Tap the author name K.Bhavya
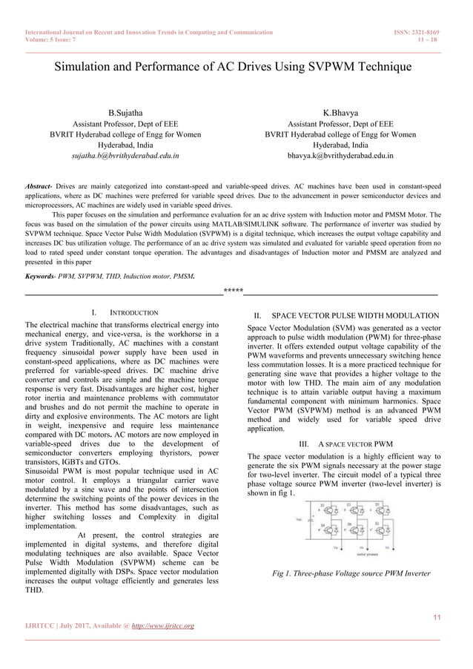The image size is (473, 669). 340,112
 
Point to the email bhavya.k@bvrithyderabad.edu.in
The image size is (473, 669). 340,156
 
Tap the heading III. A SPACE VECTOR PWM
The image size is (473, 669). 345,444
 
